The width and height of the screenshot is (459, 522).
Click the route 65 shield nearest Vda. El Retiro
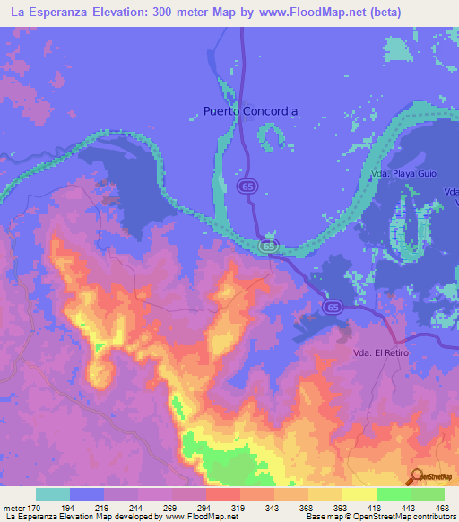[x=333, y=307]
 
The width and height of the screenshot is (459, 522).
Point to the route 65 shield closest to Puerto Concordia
[x=245, y=186]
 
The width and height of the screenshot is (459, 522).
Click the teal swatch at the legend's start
[x=53, y=494]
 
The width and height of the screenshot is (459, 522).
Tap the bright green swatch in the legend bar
[x=393, y=494]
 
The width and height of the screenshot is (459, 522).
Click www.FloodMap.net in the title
[x=299, y=12]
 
